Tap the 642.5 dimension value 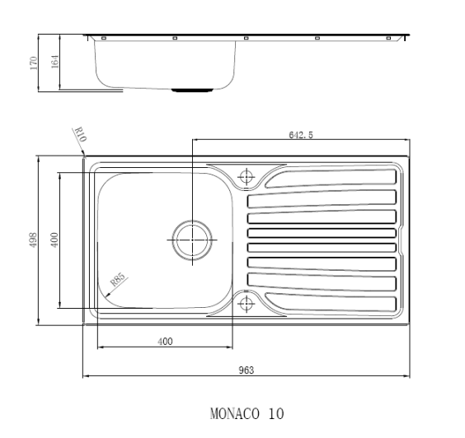(300, 135)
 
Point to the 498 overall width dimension (34, 240)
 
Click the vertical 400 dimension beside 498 (55, 240)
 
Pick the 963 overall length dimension (246, 370)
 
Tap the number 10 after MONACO (274, 412)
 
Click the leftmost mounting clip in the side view (104, 39)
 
